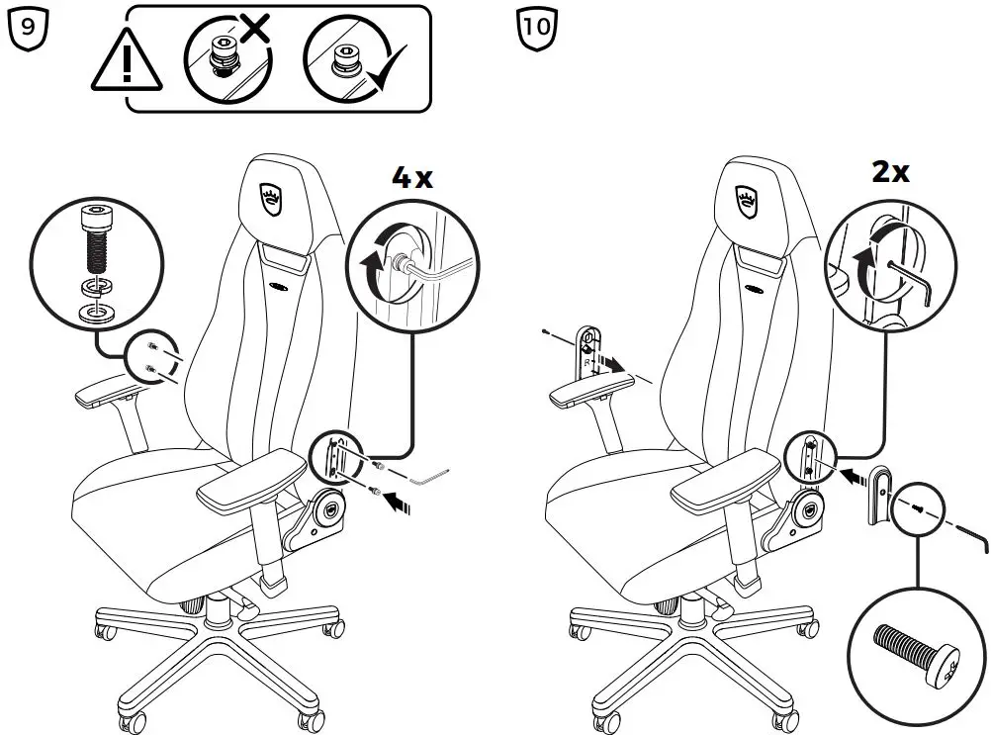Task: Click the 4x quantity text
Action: (411, 178)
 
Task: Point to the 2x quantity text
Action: (889, 172)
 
